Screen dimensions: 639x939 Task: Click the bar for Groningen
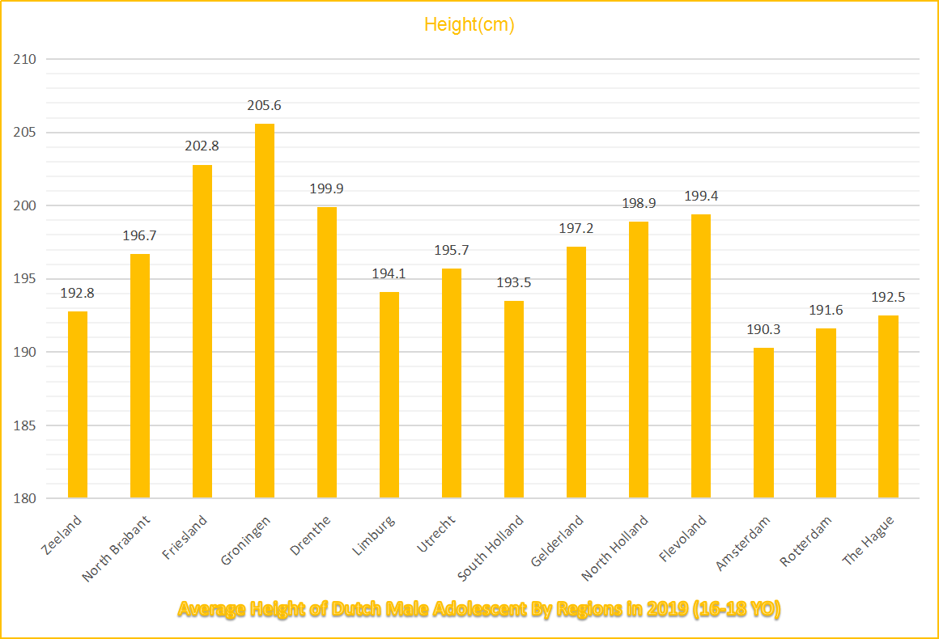coord(265,311)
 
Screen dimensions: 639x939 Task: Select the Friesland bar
coord(202,332)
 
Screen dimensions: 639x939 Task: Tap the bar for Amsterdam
coord(763,422)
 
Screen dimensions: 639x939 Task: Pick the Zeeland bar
coord(78,404)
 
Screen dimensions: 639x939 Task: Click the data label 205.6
coord(265,106)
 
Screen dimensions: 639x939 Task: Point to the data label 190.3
coord(763,330)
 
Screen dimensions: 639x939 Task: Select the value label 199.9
coord(327,189)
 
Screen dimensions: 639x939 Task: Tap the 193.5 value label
coord(514,283)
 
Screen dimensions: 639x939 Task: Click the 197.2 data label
coord(576,229)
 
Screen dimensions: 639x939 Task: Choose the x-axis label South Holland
coord(491,548)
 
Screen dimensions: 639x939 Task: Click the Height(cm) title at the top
coord(469,25)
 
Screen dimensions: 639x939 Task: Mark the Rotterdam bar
coord(826,413)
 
